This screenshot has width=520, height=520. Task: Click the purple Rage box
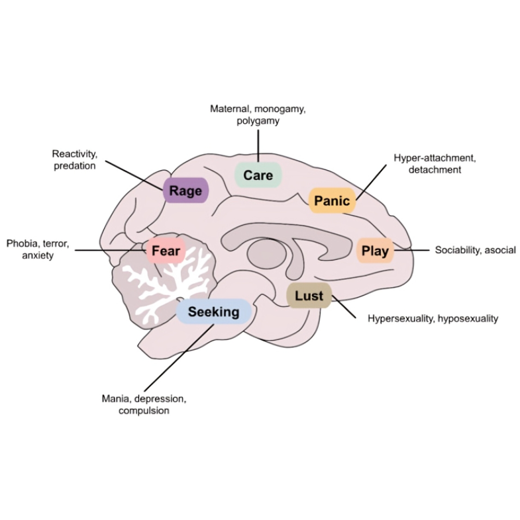click(x=186, y=190)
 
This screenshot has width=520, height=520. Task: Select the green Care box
click(x=258, y=175)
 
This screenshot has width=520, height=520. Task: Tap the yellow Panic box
click(x=332, y=201)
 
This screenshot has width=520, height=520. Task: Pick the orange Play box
click(x=375, y=251)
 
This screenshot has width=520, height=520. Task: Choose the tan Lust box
click(x=309, y=296)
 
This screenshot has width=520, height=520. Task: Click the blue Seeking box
click(x=214, y=312)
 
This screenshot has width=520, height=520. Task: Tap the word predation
click(x=75, y=166)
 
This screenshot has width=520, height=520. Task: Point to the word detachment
click(x=435, y=170)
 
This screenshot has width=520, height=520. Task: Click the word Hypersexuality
click(x=401, y=318)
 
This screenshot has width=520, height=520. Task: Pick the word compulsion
click(x=144, y=410)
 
